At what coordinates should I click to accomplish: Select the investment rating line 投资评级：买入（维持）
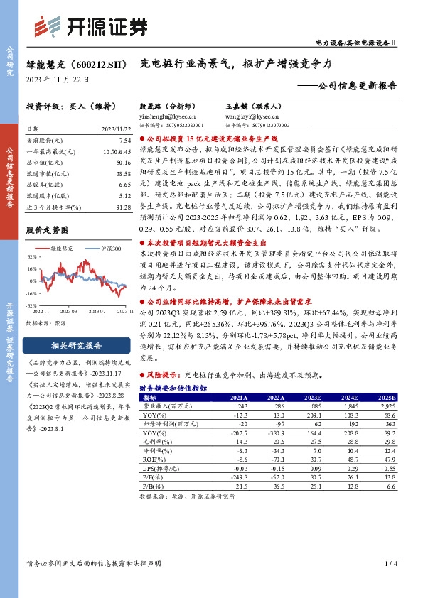pyautogui.click(x=69, y=106)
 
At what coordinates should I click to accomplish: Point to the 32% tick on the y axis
pyautogui.click(x=32, y=256)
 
